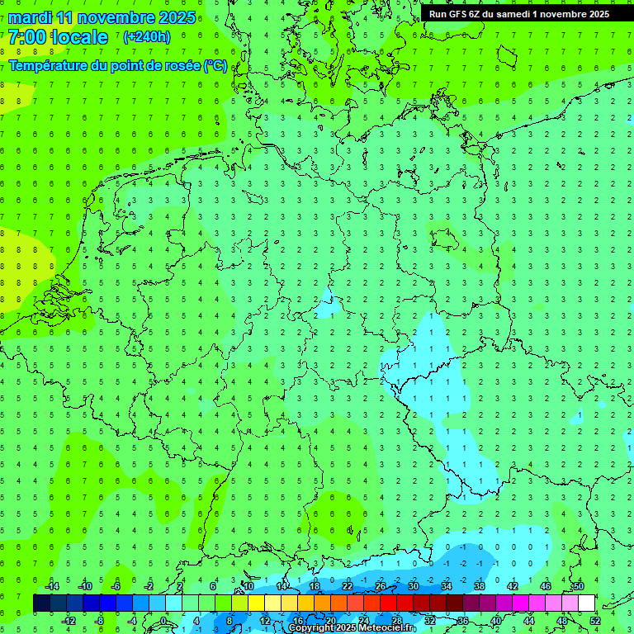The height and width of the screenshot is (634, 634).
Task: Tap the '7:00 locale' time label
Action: pos(58,37)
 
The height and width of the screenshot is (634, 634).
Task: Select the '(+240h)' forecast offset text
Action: pos(147,37)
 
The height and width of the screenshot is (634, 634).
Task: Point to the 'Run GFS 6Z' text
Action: pos(459,14)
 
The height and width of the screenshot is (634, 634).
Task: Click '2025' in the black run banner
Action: pos(594,14)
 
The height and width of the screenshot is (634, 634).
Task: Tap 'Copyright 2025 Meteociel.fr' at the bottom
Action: pos(352,627)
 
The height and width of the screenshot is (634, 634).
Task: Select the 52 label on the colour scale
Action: pos(595,621)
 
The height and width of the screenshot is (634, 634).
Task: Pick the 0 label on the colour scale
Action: pos(164,621)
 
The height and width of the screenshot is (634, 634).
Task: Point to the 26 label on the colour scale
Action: pos(381,586)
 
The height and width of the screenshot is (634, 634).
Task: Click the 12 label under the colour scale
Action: pos(264,621)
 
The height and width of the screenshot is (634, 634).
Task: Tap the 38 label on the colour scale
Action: pos(480,586)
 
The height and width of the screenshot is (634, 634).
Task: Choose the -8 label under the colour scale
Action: pos(98,621)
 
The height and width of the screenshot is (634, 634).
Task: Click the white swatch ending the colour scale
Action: pos(586,603)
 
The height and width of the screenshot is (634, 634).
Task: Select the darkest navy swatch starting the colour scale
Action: pos(41,603)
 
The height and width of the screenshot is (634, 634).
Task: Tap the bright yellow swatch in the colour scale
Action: pos(256,603)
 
